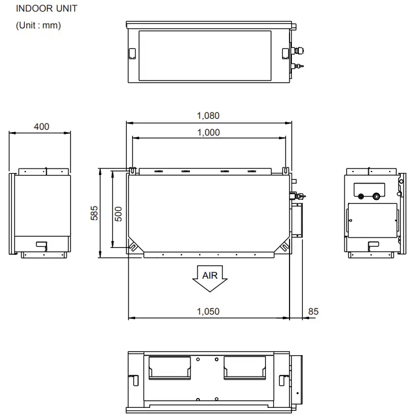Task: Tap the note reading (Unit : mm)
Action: click(x=39, y=25)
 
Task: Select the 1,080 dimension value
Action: click(x=208, y=115)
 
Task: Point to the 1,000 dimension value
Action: click(x=208, y=132)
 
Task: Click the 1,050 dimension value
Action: click(x=208, y=311)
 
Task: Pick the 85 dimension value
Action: click(x=313, y=311)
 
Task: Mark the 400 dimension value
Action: click(x=41, y=126)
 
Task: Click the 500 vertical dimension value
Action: click(x=118, y=213)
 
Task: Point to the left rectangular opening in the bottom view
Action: click(x=170, y=367)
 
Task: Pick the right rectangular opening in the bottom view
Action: click(x=246, y=367)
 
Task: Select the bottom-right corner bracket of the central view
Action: click(x=284, y=246)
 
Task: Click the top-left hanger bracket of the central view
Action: click(x=133, y=171)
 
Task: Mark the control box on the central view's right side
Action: click(x=296, y=220)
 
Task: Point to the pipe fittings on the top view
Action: click(x=299, y=58)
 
